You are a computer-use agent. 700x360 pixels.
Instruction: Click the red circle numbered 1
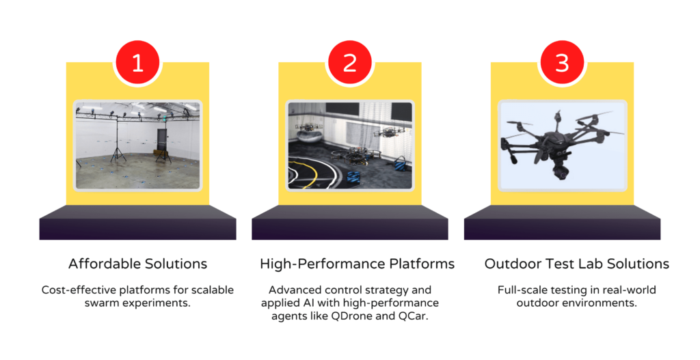coord(137,62)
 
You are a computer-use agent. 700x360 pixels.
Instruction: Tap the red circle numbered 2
coord(350,62)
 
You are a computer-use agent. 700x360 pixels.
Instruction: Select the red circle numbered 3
coord(562,62)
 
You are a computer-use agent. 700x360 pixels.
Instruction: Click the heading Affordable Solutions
coord(137,264)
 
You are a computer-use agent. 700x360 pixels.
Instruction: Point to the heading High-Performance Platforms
coord(357,264)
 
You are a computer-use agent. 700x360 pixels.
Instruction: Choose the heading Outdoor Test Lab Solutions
coord(577,264)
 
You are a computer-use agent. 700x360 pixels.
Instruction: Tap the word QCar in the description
coord(416,317)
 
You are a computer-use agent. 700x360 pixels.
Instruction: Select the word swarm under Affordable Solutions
coord(99,303)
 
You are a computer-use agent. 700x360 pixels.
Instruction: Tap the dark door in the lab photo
coord(161,143)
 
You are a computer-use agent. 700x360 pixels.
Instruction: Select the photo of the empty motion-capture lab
coord(137,146)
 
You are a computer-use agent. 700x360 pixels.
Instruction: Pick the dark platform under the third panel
coord(562,222)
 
